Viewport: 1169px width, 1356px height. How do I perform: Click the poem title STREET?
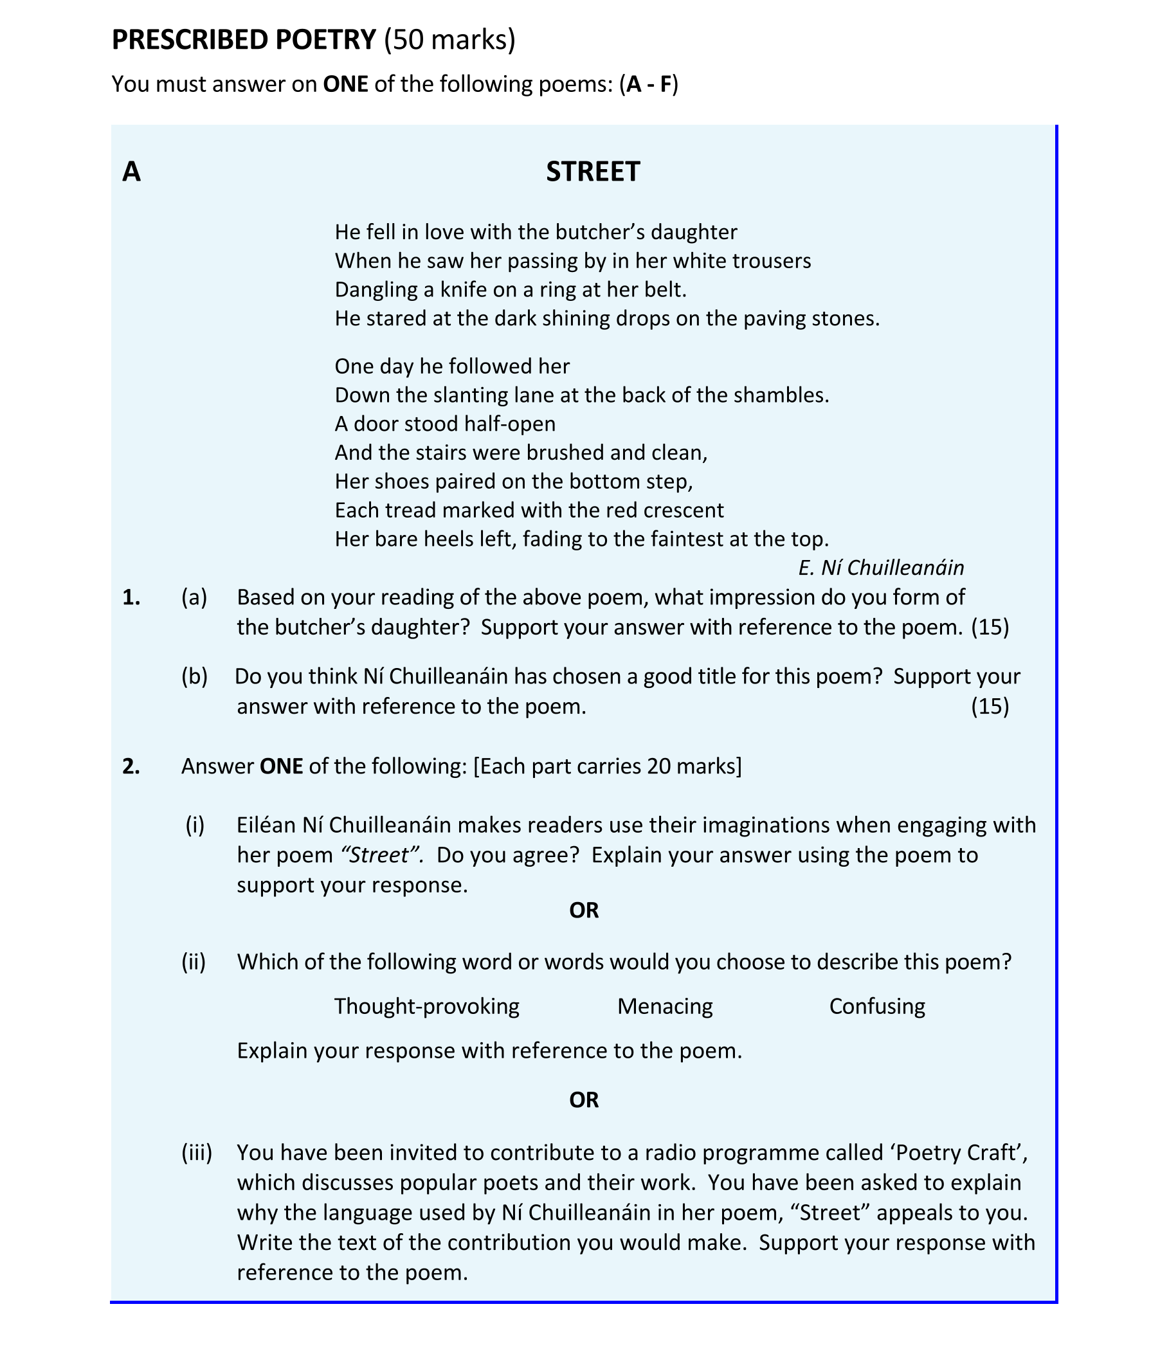[x=592, y=172]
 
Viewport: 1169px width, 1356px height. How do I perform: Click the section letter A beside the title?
[x=132, y=172]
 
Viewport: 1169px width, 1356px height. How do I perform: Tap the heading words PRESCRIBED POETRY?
[x=244, y=40]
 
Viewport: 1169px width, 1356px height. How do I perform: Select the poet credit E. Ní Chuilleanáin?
[x=880, y=567]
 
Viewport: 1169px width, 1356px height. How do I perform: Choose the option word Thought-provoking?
[x=427, y=1006]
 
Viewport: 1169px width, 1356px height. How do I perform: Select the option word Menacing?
[x=664, y=1006]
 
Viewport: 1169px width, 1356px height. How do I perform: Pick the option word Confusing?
[x=876, y=1006]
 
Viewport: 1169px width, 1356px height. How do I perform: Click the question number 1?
[x=131, y=597]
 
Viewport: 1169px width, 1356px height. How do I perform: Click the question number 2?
[x=131, y=766]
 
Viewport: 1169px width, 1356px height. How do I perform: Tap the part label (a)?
[x=194, y=597]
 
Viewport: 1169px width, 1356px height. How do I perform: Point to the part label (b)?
[x=194, y=676]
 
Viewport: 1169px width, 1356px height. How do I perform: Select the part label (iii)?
[x=196, y=1152]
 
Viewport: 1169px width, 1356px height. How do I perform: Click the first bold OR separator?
[x=584, y=910]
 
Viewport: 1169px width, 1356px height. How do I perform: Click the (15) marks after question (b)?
[x=989, y=707]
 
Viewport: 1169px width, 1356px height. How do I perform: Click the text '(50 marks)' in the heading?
[x=449, y=40]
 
